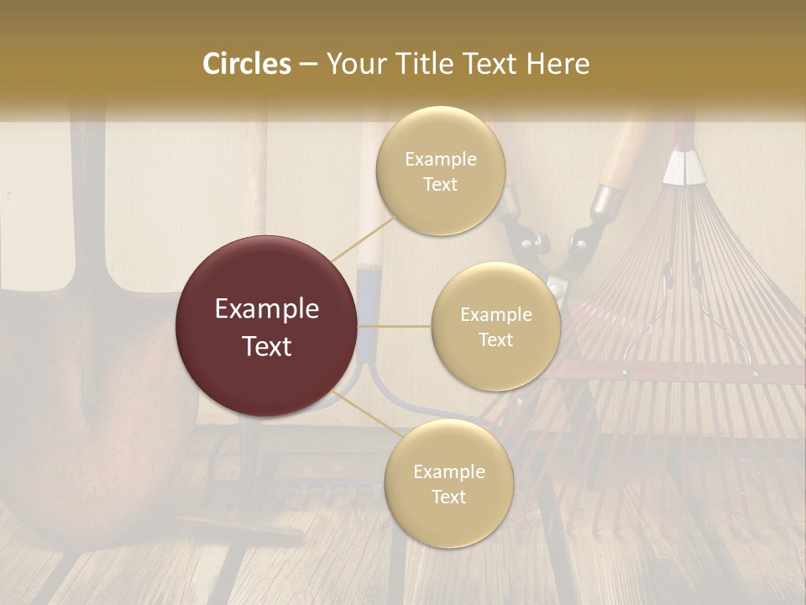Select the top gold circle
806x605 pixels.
(440, 171)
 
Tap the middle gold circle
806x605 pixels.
(495, 326)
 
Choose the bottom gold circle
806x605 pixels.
(448, 483)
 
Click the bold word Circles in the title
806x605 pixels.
(246, 64)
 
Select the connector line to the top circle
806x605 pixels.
(360, 240)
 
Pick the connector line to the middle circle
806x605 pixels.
(395, 326)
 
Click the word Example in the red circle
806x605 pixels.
(266, 309)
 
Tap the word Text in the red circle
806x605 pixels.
(266, 346)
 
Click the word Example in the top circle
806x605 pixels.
(440, 160)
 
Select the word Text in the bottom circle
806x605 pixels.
(448, 497)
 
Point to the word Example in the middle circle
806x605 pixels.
(495, 315)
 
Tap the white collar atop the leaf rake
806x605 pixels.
(683, 167)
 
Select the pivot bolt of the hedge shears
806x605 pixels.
(556, 290)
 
